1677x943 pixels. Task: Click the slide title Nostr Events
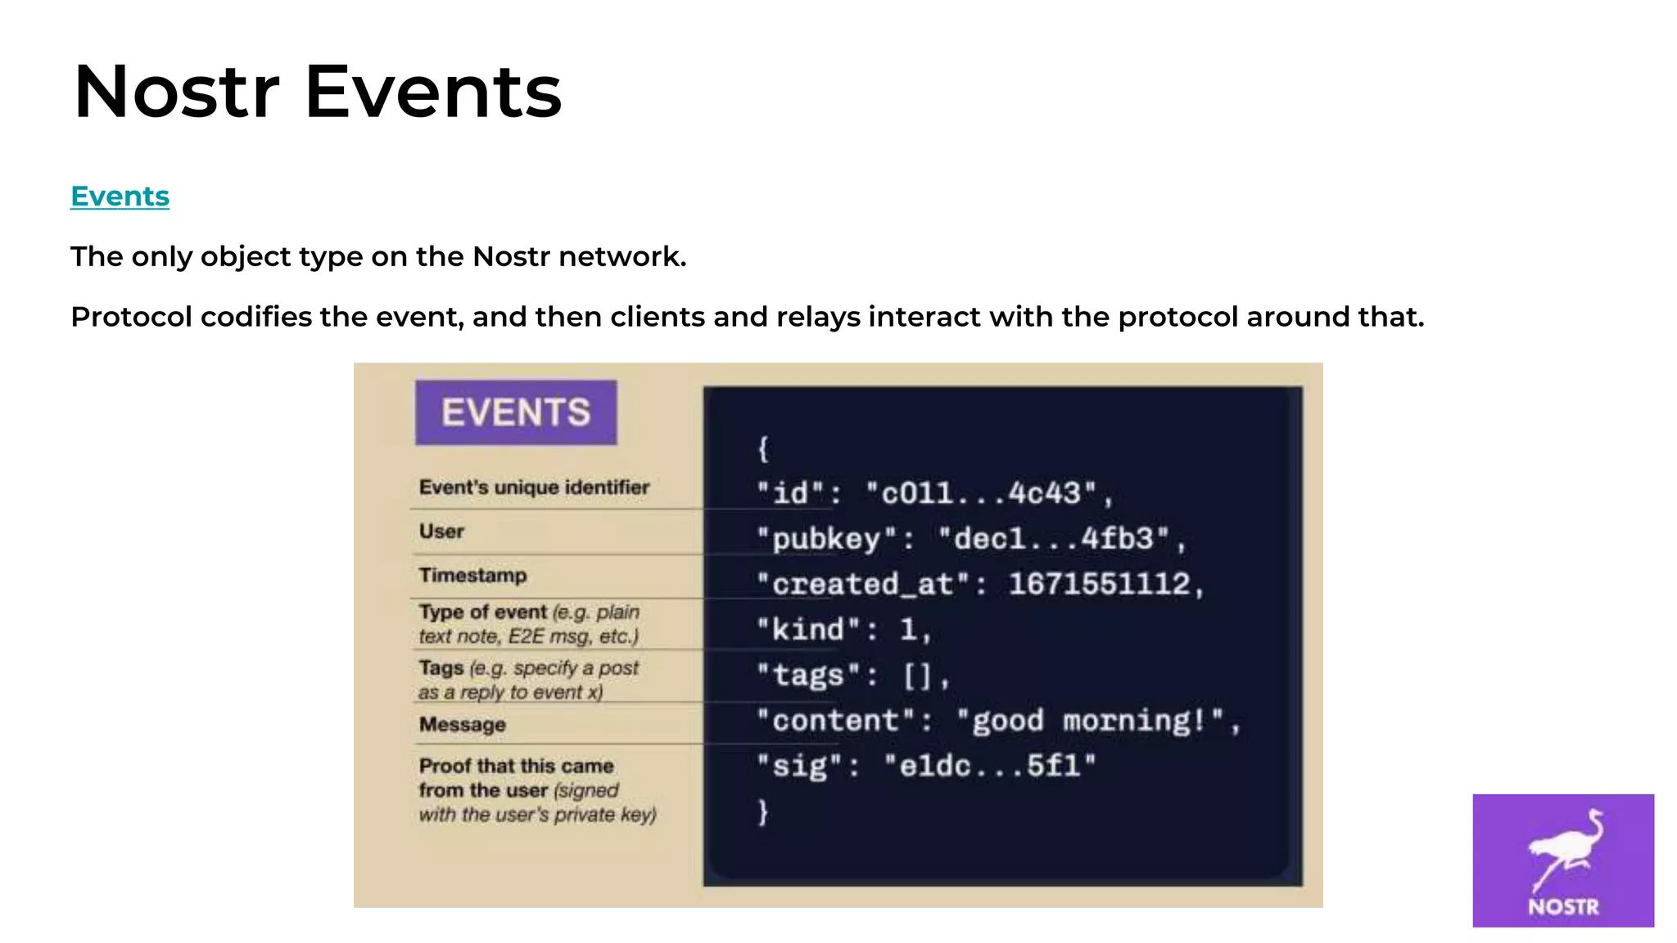[x=317, y=92]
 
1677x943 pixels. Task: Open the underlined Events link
[x=120, y=196]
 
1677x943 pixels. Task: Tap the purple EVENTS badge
[x=516, y=412]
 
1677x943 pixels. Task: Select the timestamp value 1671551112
[x=1099, y=584]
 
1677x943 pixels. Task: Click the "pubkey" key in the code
[x=826, y=539]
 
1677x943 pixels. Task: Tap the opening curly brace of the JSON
[x=763, y=448]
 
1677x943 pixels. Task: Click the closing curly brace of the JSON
[x=763, y=811]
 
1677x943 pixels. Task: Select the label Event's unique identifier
[x=534, y=487]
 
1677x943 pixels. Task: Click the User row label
[x=441, y=531]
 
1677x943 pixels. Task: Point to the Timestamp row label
[x=472, y=575]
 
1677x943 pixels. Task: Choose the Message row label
[x=462, y=724]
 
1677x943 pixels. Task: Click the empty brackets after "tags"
[x=917, y=675]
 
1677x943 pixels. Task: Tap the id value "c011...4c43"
[x=981, y=493]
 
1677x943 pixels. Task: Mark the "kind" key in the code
[x=808, y=629]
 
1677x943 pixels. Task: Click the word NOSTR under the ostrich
[x=1563, y=907]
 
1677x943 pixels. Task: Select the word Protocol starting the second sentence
[x=131, y=317]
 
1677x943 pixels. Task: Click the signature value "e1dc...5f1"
[x=989, y=766]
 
